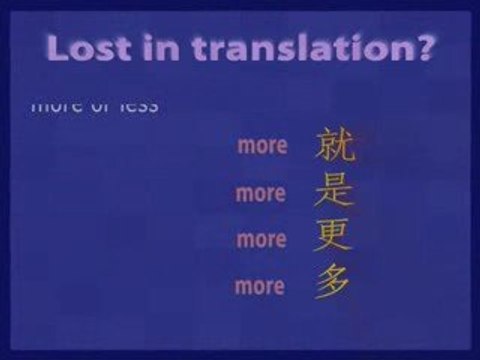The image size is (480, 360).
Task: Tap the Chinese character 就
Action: point(334,145)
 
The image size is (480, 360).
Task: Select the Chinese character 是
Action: point(334,190)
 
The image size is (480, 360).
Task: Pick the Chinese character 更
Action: point(334,237)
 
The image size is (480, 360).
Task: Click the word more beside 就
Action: point(262,146)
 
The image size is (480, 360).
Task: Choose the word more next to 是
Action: point(261,193)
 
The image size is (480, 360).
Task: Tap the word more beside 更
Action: point(261,240)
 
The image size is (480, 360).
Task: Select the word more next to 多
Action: point(260,287)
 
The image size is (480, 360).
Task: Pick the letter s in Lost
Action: point(105,49)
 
